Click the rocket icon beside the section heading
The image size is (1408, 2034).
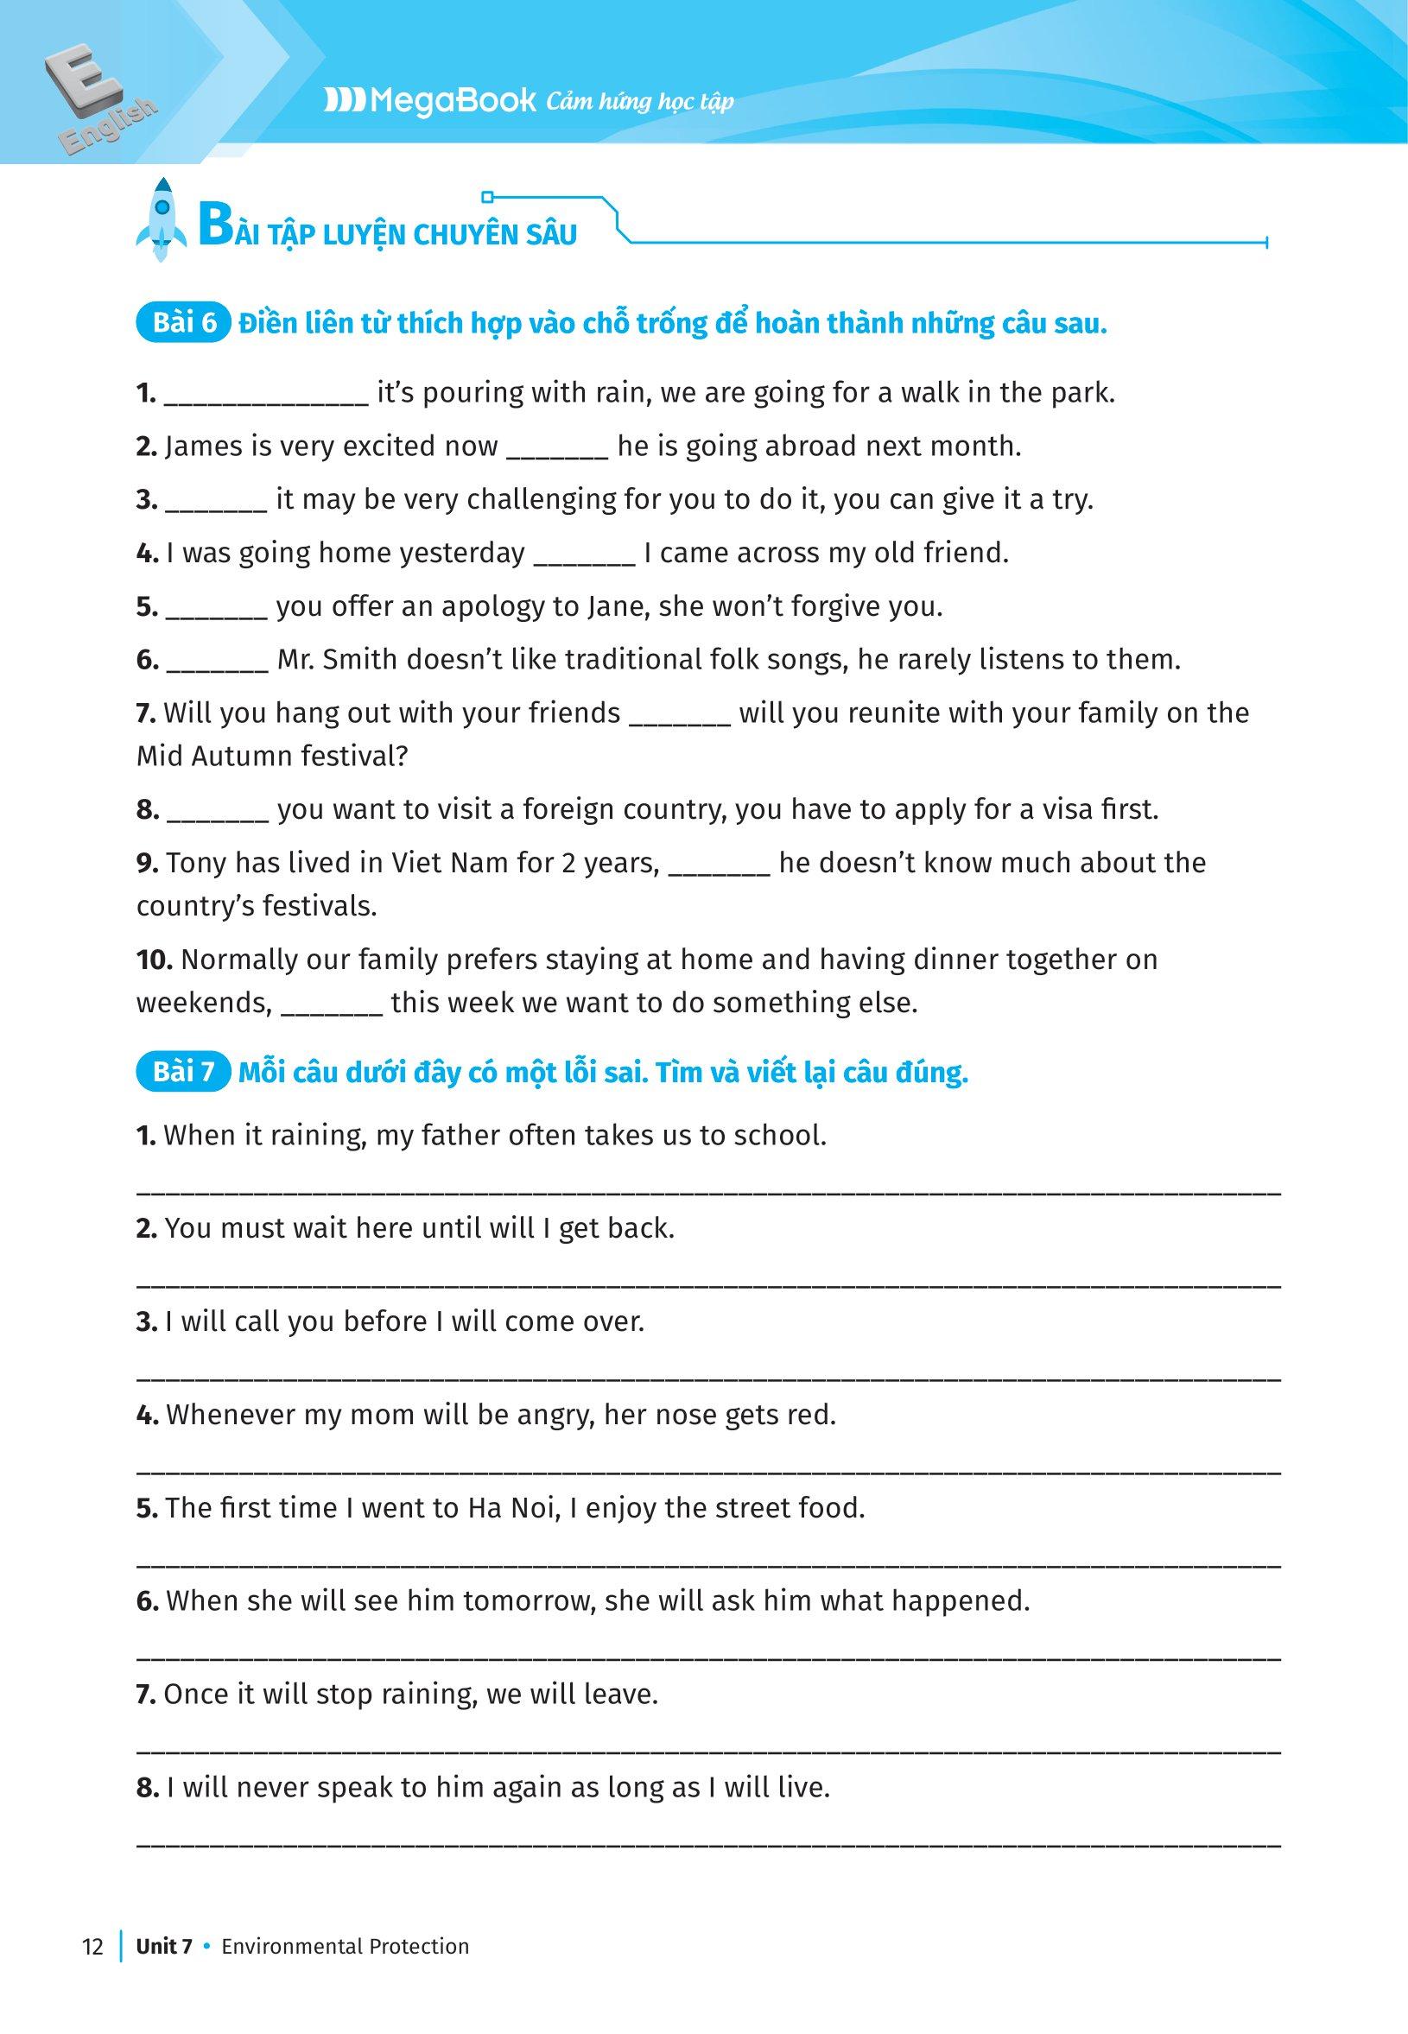tap(161, 219)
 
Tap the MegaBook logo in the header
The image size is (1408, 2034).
tap(429, 100)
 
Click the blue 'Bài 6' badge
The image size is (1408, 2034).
tap(183, 324)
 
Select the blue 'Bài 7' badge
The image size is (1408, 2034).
tap(183, 1073)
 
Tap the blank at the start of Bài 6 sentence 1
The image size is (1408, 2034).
tap(266, 394)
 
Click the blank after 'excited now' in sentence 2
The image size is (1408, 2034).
tap(556, 448)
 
